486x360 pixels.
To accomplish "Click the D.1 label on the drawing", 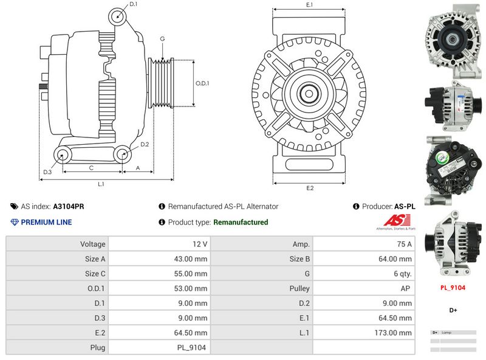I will [x=134, y=5].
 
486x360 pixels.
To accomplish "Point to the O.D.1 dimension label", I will [x=202, y=83].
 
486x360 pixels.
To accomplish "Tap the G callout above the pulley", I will [x=163, y=39].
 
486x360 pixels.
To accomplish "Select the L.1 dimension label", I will [x=101, y=184].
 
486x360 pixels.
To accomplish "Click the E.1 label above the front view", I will [x=309, y=5].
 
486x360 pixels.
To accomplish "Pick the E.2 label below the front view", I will [x=309, y=188].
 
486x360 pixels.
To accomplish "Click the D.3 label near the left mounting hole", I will [x=47, y=172].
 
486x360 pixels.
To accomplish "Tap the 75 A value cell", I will [x=403, y=244].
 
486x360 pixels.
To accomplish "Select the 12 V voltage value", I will [x=200, y=244].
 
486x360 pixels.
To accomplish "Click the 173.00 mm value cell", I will [x=394, y=333].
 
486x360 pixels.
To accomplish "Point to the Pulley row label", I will [x=300, y=288].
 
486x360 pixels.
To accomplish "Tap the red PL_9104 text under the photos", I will [x=453, y=288].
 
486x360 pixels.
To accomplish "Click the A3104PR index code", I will [x=69, y=207].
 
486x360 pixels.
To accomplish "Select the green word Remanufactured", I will [x=241, y=223].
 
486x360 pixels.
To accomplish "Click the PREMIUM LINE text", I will [x=46, y=223].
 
